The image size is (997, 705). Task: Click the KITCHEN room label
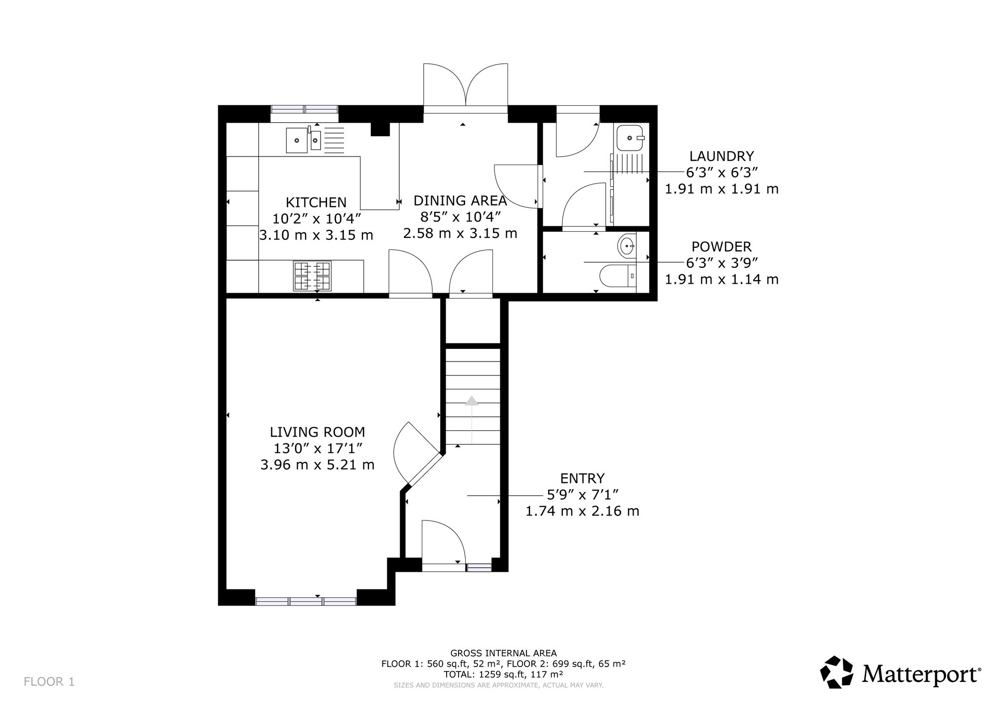tap(316, 202)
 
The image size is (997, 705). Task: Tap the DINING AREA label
tap(460, 201)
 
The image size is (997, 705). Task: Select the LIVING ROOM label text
tap(318, 432)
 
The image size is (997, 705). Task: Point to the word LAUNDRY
tap(721, 157)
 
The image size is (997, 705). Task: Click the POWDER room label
tap(721, 247)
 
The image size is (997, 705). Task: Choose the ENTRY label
tap(582, 479)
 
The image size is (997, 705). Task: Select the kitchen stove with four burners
tap(313, 276)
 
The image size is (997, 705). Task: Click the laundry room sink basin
tap(631, 138)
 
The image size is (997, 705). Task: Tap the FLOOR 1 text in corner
tap(49, 682)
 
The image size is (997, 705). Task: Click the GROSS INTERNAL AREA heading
tap(503, 653)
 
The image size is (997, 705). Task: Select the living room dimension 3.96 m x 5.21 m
tap(318, 465)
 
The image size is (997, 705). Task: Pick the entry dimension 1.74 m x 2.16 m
tap(582, 511)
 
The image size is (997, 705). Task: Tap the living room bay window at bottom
tap(306, 601)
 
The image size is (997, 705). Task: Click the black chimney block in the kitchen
tap(380, 129)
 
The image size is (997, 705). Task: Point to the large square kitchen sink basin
tap(297, 140)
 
